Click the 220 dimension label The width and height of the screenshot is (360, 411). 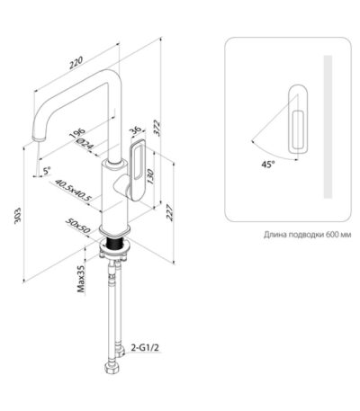click(x=76, y=63)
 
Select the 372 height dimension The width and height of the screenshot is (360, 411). click(x=157, y=128)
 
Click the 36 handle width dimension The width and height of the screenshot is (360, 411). click(x=136, y=130)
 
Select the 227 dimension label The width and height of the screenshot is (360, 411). click(x=170, y=212)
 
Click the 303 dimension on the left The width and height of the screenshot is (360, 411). click(x=18, y=216)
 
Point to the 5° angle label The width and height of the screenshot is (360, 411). click(x=47, y=171)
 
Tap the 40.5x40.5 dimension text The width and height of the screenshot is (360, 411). click(x=74, y=190)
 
